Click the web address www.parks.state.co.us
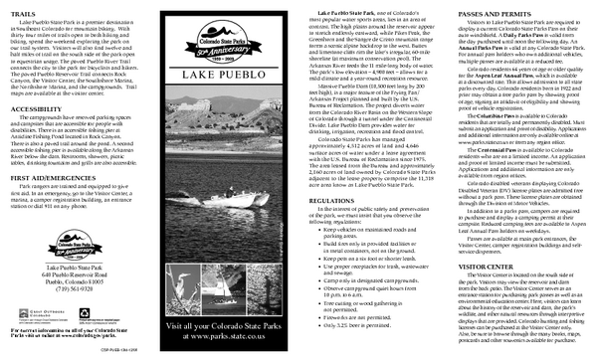pos(221,337)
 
